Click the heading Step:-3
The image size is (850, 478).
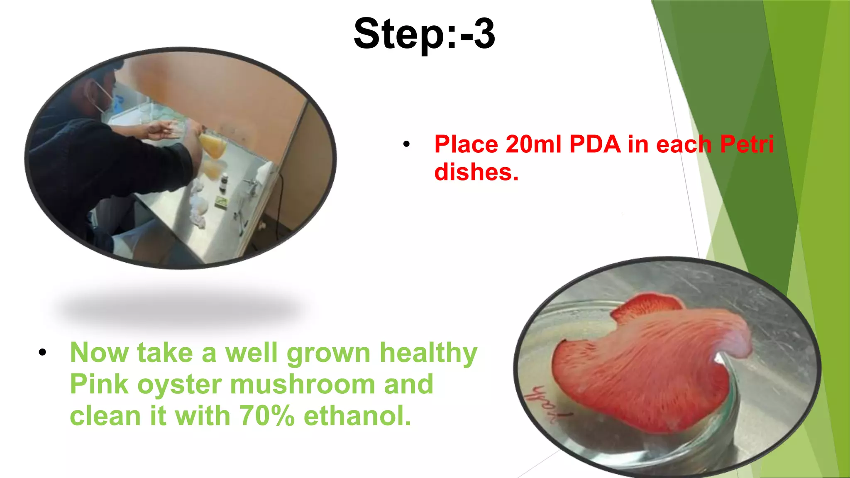[x=424, y=34]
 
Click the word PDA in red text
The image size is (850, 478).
[x=595, y=144]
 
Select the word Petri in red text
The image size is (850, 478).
[x=747, y=144]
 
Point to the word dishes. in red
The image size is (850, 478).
[x=476, y=172]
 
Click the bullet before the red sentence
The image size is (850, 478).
[x=406, y=144]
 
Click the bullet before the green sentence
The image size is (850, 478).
[x=42, y=353]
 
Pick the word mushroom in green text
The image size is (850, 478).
[x=302, y=384]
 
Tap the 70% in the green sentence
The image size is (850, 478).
[x=267, y=416]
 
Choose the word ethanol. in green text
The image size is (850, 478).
[x=357, y=416]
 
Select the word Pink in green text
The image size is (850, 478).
[x=99, y=384]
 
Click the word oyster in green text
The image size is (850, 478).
[x=179, y=384]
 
